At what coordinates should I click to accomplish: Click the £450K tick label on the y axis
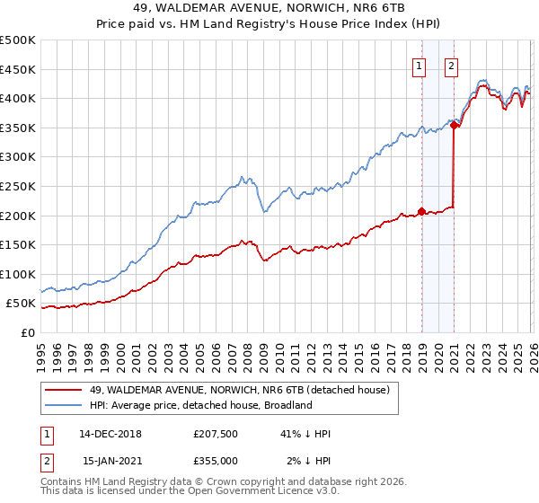(18, 69)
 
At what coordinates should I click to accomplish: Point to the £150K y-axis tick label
(18, 244)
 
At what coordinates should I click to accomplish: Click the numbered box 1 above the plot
(420, 65)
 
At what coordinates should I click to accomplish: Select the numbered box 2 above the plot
(450, 65)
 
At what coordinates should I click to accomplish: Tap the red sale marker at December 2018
(421, 211)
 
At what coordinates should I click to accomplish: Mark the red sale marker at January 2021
(455, 125)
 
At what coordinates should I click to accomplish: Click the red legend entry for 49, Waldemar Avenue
(239, 391)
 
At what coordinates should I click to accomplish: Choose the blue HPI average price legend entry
(199, 405)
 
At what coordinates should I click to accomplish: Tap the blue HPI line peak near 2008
(242, 176)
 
